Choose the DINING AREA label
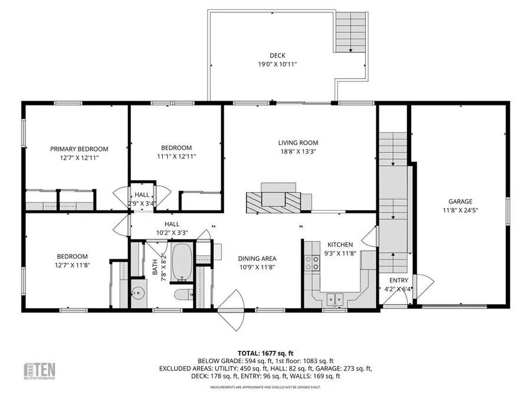click(257, 258)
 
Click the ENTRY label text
click(398, 281)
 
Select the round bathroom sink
click(139, 293)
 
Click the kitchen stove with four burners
click(312, 262)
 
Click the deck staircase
click(350, 32)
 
